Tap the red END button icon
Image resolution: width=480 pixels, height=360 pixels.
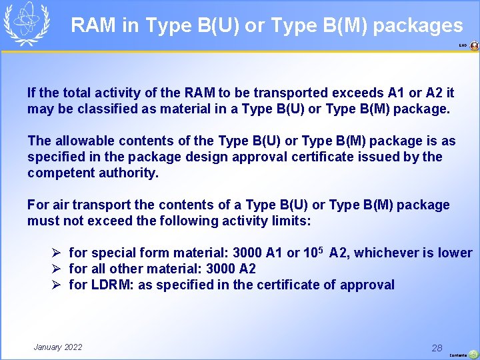click(474, 46)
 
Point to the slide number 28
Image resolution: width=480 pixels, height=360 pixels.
click(437, 348)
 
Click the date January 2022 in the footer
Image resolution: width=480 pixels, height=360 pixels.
click(58, 347)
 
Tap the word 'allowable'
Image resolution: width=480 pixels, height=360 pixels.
click(81, 141)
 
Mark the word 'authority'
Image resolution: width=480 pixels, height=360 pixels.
click(130, 173)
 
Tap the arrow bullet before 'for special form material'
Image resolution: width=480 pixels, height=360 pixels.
click(58, 253)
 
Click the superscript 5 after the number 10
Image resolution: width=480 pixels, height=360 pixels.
click(321, 250)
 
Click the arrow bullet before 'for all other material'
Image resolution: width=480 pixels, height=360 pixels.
click(58, 269)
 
